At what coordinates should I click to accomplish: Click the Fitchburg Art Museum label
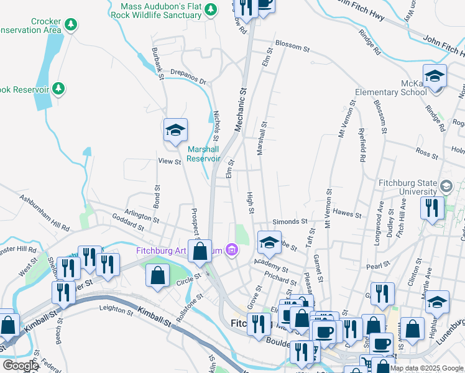coord(180,251)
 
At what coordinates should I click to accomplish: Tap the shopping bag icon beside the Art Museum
coord(200,252)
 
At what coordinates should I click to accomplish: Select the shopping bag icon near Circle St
coord(159,275)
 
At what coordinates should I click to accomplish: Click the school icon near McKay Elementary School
coord(435,76)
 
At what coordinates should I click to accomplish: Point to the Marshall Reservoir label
coord(204,154)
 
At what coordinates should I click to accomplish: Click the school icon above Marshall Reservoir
coord(175,131)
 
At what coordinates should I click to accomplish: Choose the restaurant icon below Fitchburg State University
coord(433,208)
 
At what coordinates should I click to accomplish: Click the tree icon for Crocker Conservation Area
coord(71,24)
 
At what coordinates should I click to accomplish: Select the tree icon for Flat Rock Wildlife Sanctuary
coord(211,9)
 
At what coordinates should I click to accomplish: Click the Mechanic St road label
coord(240,108)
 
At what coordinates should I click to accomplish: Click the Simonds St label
coord(290,221)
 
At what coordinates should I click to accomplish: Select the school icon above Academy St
coord(269,243)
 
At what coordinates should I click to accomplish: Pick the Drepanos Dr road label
coord(188,75)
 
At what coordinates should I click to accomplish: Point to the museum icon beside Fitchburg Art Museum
coord(232,251)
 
